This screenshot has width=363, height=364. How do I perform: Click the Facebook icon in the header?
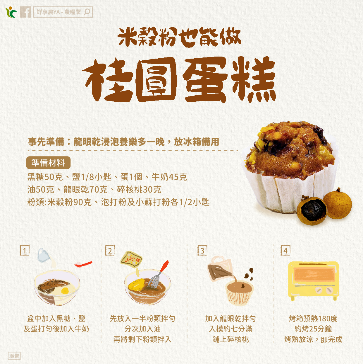25,12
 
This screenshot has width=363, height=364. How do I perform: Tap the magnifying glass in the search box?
87,12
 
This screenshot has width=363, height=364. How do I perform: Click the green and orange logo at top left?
11,12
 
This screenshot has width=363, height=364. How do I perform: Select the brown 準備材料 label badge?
48,163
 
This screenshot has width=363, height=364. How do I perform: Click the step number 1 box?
25,250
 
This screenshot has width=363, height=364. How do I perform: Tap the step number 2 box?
110,250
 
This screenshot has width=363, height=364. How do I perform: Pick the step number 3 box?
202,250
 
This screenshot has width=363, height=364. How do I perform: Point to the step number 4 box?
285,250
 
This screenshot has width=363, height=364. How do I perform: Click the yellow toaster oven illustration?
313,281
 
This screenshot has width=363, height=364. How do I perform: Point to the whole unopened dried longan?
337,204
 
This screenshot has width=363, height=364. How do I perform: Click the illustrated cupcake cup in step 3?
240,293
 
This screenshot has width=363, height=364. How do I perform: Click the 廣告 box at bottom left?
14,356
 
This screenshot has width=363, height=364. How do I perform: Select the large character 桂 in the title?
107,81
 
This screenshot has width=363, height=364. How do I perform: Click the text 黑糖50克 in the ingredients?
45,177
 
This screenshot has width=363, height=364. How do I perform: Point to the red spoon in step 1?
83,264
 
